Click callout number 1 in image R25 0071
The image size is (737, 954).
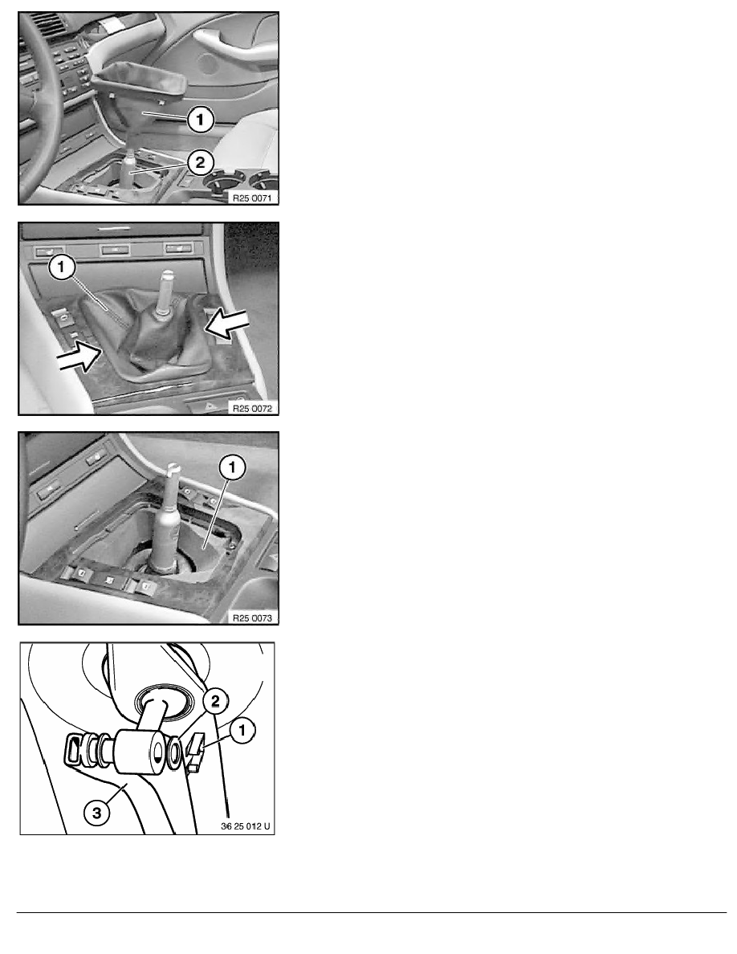(x=201, y=120)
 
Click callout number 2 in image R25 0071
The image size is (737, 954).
(x=201, y=162)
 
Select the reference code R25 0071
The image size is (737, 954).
(x=252, y=198)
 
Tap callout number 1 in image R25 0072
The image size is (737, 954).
(x=61, y=267)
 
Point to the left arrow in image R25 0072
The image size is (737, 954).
(x=78, y=356)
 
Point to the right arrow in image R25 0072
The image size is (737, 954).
(x=226, y=323)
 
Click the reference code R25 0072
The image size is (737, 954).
(x=252, y=408)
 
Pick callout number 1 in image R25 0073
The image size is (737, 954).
(x=232, y=468)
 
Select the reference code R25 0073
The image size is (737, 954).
(x=252, y=618)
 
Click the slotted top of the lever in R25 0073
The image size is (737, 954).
(x=172, y=469)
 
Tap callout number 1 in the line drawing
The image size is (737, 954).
(x=242, y=730)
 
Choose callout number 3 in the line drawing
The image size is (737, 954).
(x=97, y=812)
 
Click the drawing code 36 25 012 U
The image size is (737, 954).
(x=246, y=827)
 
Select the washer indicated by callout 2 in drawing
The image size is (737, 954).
(x=172, y=752)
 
